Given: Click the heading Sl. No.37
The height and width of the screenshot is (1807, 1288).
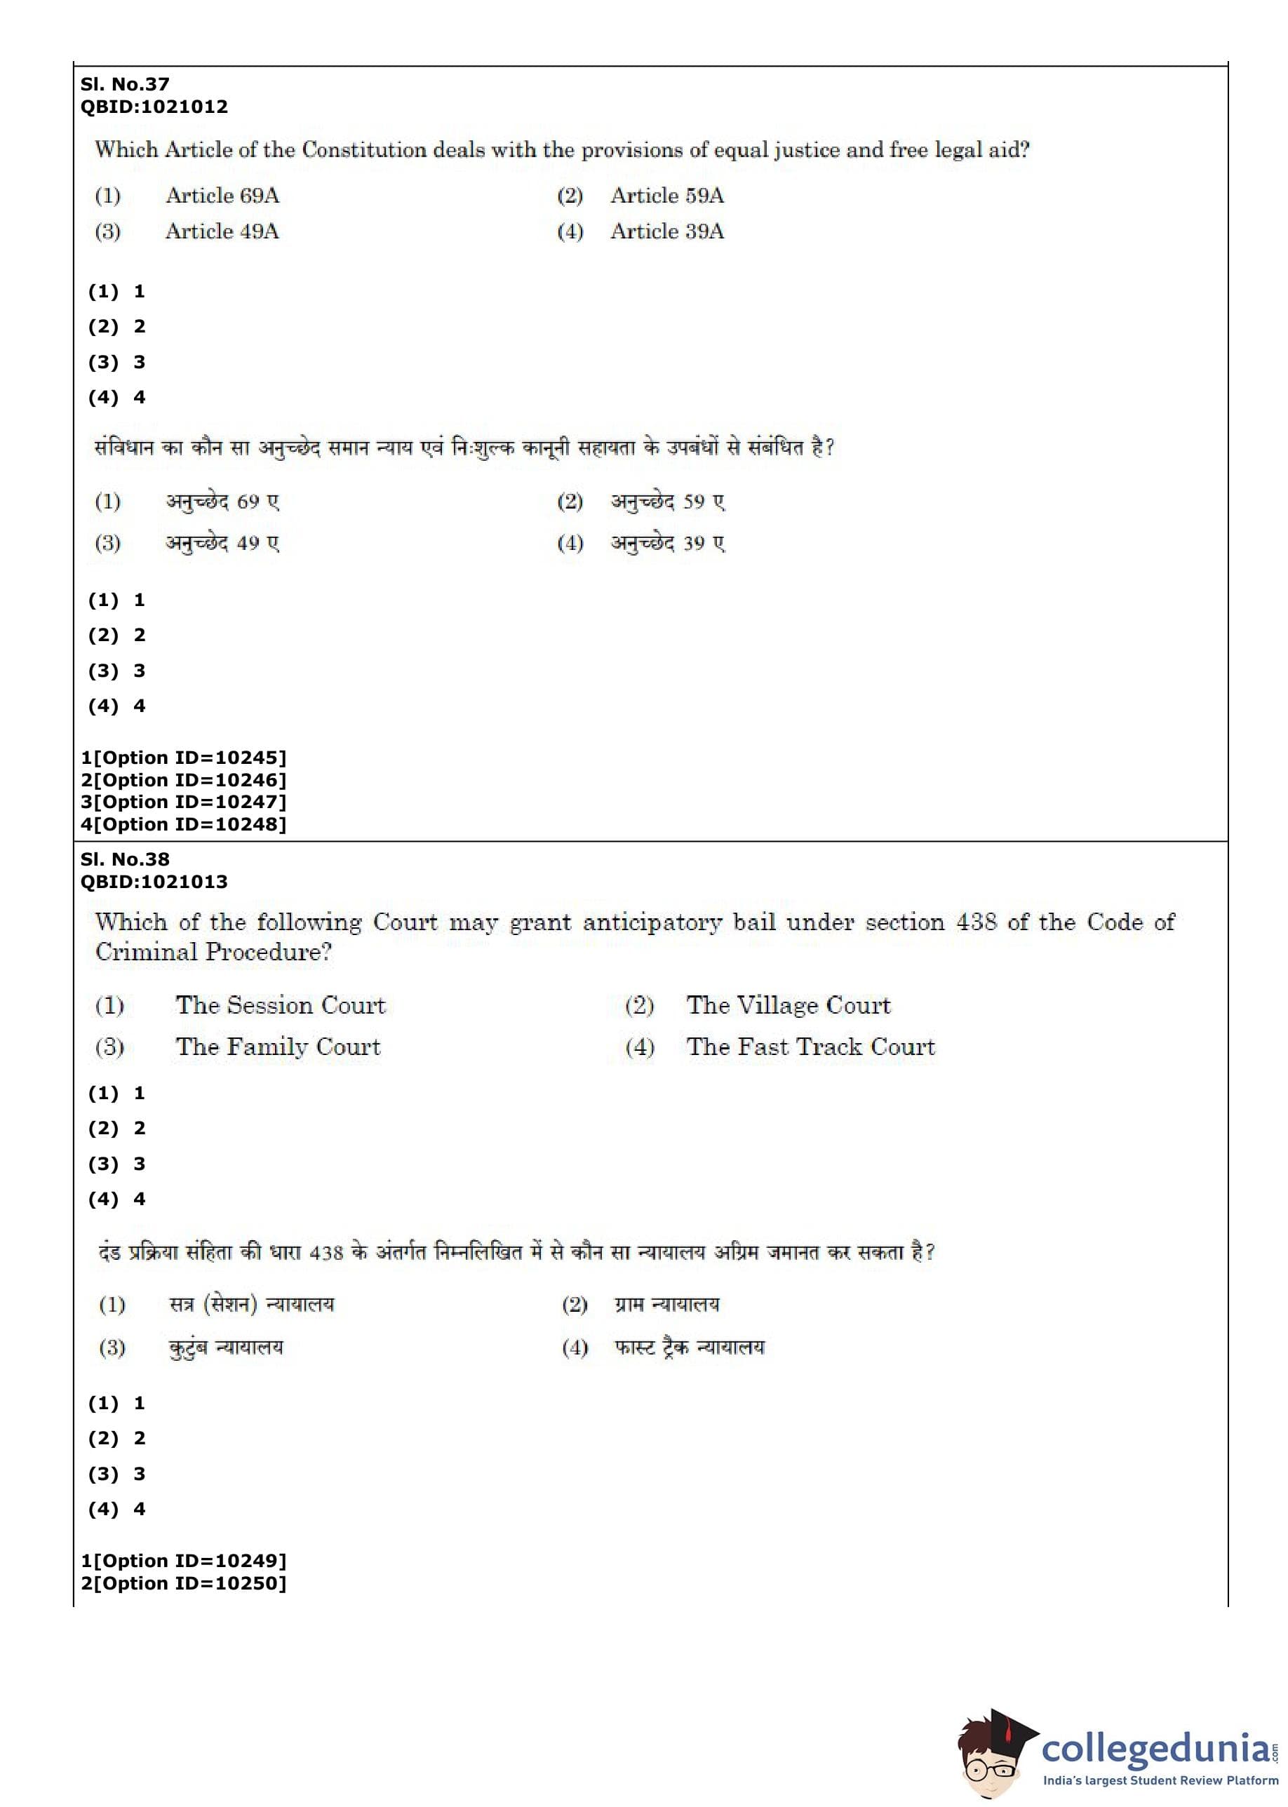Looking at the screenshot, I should tap(124, 84).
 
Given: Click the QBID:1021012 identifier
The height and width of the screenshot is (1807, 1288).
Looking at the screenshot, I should tap(154, 106).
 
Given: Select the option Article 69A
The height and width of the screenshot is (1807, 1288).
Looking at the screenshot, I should tap(222, 196).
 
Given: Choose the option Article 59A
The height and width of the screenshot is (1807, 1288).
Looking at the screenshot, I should tap(667, 196).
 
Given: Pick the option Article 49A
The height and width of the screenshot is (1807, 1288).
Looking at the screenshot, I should tap(222, 231).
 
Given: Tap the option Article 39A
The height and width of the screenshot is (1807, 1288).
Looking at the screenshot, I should tap(667, 231).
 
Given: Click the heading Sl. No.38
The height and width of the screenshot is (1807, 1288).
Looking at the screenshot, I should tap(124, 859).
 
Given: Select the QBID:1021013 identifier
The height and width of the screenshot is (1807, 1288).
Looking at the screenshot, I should tap(154, 882).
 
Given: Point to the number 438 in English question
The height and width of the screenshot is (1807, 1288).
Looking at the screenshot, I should tap(976, 922).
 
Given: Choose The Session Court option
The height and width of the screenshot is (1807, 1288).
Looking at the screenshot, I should tap(281, 1005).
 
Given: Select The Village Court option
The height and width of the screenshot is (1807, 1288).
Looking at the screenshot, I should tap(789, 1005).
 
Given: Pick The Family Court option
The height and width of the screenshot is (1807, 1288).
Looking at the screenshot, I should tap(279, 1047).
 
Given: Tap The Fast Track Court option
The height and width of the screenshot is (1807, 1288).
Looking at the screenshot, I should tap(810, 1047).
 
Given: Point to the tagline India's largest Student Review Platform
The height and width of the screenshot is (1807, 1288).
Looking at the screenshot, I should tap(1160, 1781).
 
